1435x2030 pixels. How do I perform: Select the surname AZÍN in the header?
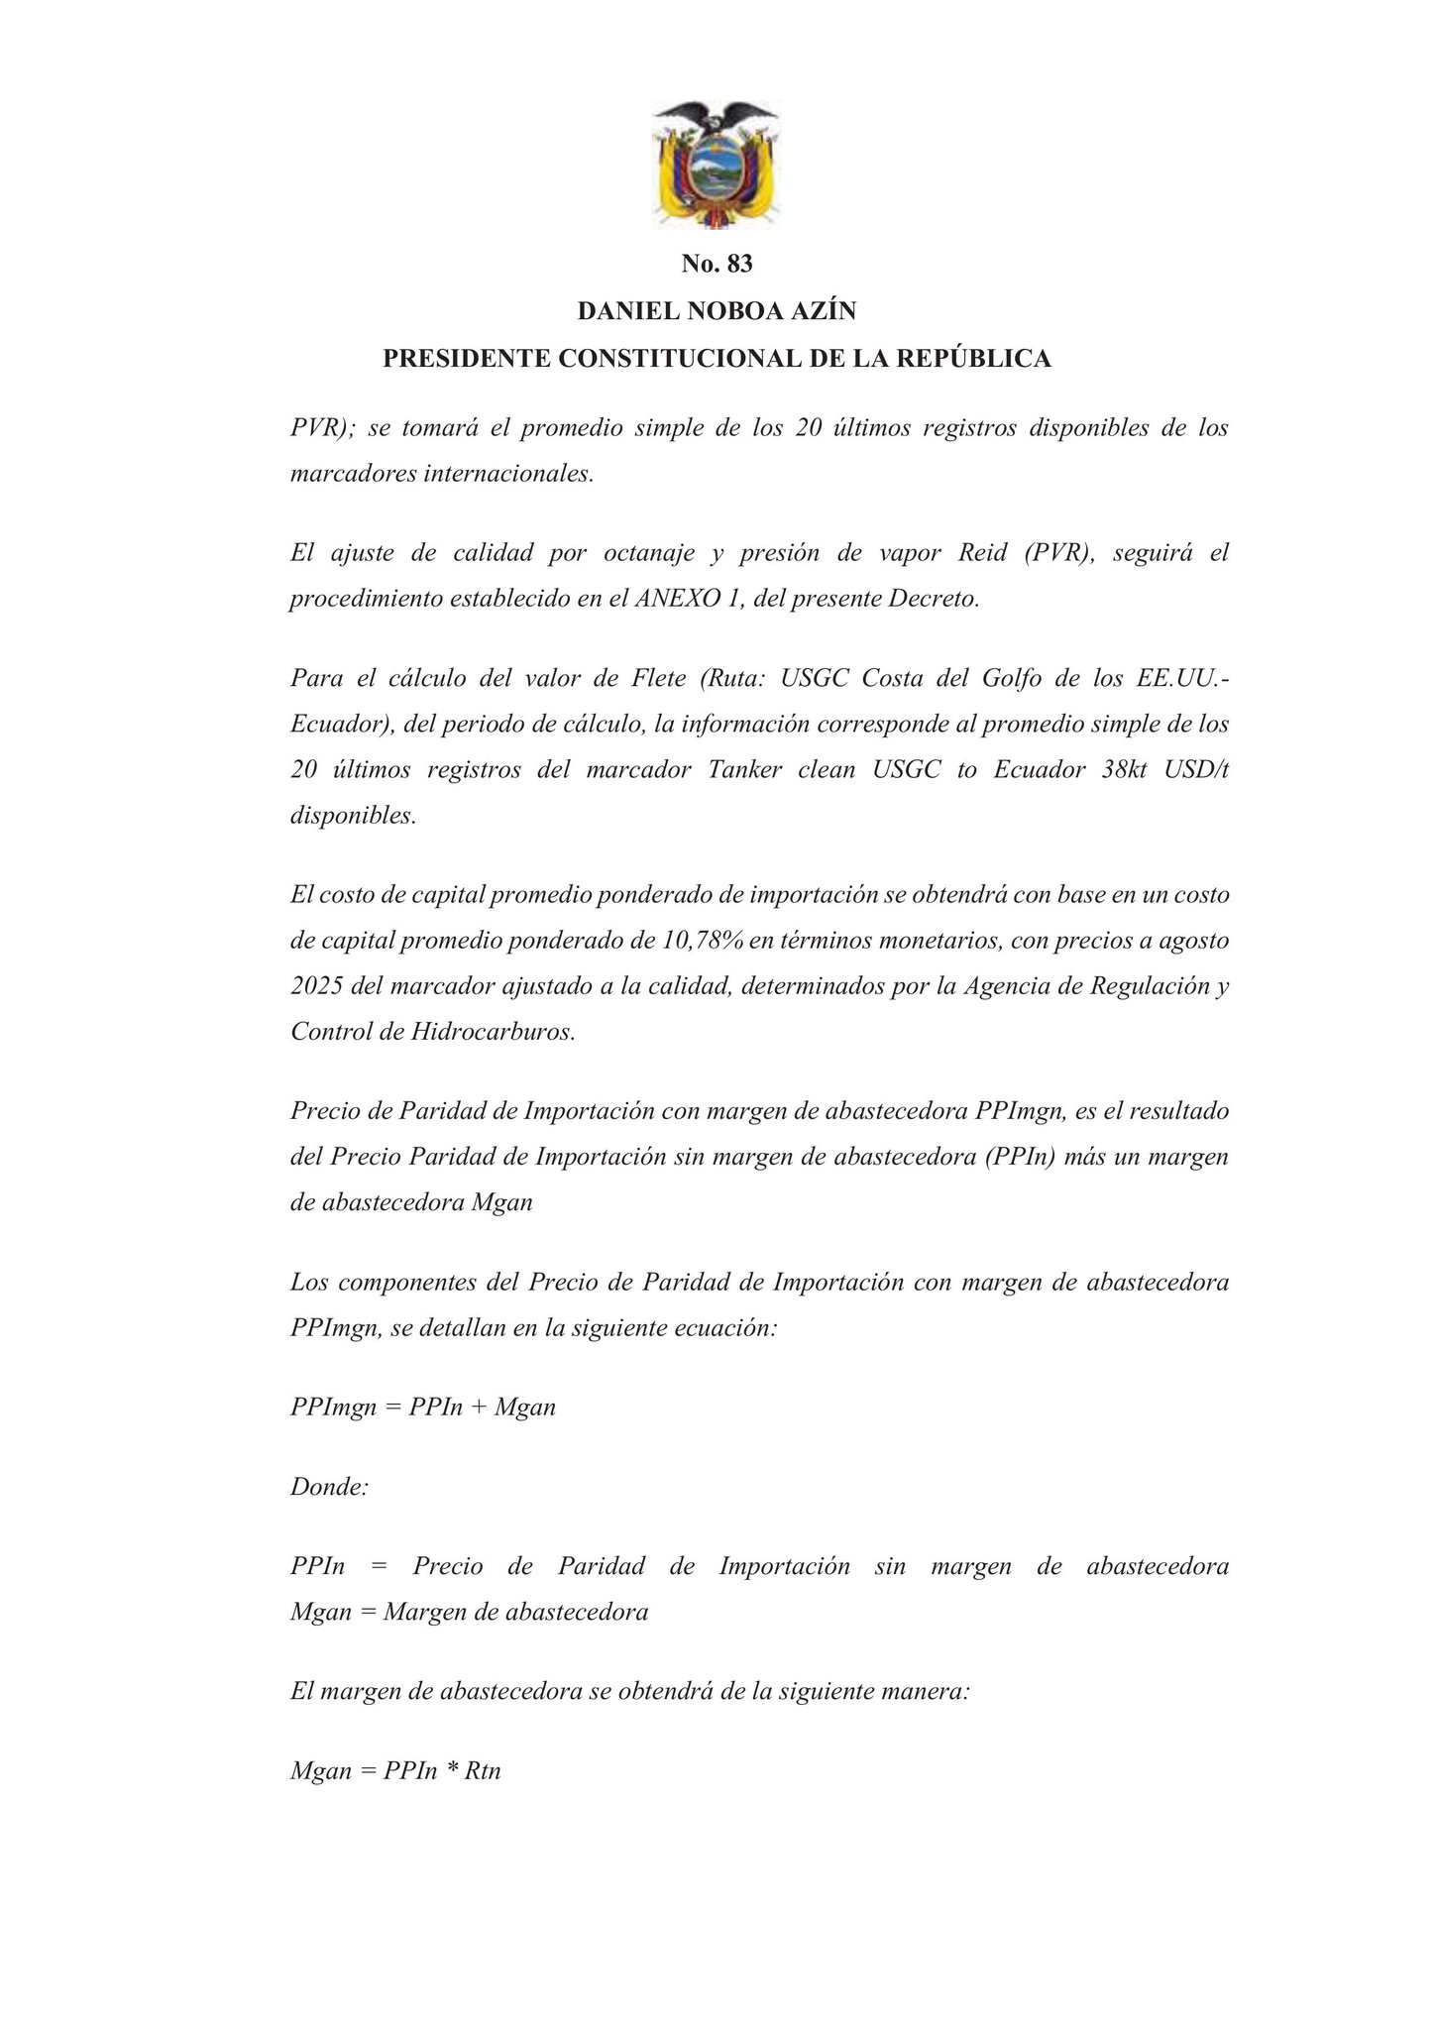point(822,311)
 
